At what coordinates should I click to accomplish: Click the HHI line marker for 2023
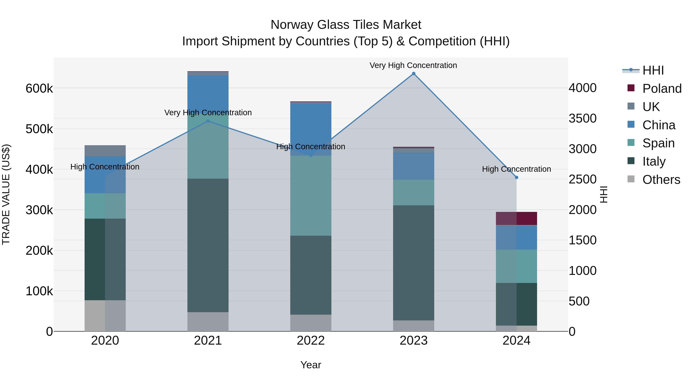click(414, 74)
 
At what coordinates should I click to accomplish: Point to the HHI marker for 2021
click(208, 121)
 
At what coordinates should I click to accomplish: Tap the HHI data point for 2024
click(516, 177)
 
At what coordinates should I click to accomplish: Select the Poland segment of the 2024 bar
click(516, 218)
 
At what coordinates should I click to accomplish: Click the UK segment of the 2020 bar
click(105, 151)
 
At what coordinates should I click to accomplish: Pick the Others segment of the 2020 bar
click(105, 315)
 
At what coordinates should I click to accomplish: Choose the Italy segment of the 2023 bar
click(414, 263)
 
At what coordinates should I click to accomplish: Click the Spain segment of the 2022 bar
click(311, 195)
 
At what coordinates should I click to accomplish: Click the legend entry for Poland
click(662, 89)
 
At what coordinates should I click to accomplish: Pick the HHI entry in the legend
click(653, 70)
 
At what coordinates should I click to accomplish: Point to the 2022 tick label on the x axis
click(311, 341)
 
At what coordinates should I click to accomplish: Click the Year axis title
click(311, 365)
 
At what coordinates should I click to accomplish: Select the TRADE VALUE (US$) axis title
click(6, 194)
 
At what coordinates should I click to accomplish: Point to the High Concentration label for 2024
click(516, 169)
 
